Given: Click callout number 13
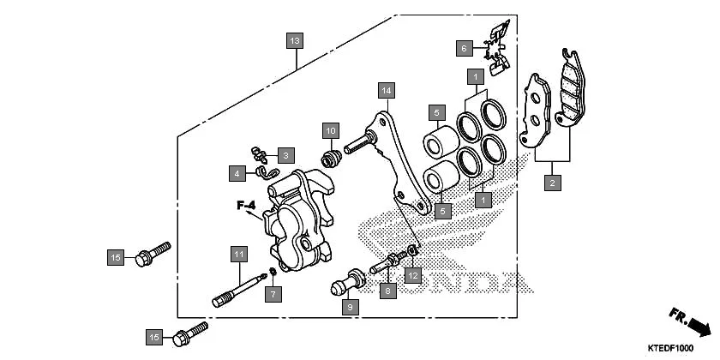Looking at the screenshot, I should click(295, 41).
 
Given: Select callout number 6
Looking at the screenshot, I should click(463, 48).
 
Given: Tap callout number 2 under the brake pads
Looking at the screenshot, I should click(553, 182).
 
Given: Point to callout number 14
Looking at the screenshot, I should click(387, 90).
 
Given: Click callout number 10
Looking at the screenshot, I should click(330, 131).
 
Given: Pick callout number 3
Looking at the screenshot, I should click(285, 155).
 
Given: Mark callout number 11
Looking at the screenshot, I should click(237, 254).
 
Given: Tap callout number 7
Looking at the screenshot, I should click(272, 294).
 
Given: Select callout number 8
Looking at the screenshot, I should click(387, 291).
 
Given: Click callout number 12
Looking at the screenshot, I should click(413, 275).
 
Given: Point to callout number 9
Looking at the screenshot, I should click(351, 305).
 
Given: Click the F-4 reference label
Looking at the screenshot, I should click(247, 206).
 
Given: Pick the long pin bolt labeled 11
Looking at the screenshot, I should click(238, 288).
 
